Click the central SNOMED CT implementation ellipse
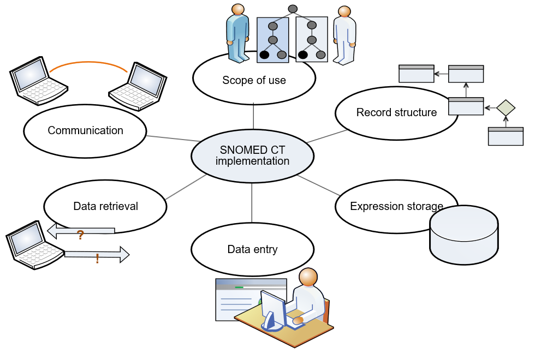(x=252, y=156)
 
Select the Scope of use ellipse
(x=254, y=80)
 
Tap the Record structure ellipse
(x=396, y=113)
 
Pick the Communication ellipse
(x=85, y=131)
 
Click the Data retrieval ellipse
(x=105, y=206)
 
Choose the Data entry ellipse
(x=252, y=250)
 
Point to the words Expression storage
(x=396, y=206)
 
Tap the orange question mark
(x=80, y=236)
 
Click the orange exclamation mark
(x=97, y=259)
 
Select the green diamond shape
(x=506, y=107)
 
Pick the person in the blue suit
(x=237, y=33)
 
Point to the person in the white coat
(x=344, y=35)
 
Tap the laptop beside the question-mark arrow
(x=34, y=244)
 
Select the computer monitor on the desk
(x=272, y=310)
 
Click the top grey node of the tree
(x=293, y=9)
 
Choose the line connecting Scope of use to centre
(x=254, y=116)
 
